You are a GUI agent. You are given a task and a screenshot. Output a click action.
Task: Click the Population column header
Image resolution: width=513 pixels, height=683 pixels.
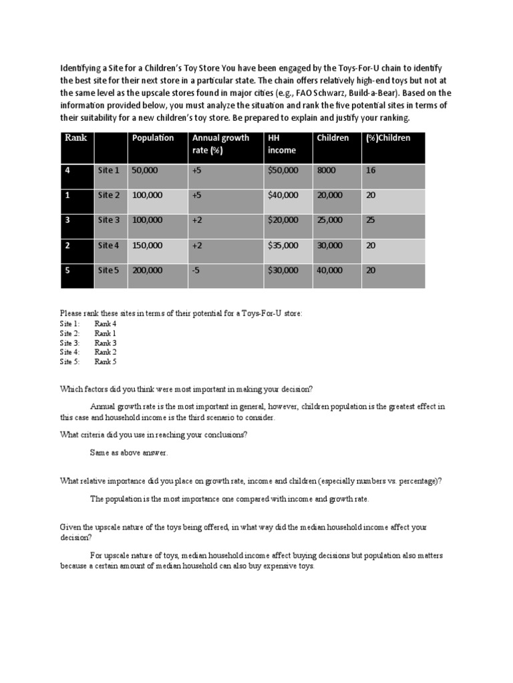coord(153,138)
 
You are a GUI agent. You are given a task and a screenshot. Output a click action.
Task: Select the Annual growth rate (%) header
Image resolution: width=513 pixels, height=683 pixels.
coord(220,144)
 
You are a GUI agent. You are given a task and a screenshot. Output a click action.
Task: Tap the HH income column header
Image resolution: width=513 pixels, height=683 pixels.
coord(281,144)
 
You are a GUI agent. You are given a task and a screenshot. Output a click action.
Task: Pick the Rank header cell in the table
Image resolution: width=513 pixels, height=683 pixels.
coord(72,138)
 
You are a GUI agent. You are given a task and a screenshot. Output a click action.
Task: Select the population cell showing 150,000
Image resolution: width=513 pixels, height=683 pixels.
coord(147,245)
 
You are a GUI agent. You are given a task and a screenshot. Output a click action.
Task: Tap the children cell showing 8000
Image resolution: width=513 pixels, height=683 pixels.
coord(327,170)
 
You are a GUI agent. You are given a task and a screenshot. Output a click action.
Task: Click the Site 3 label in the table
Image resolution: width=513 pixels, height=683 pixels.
coord(109,220)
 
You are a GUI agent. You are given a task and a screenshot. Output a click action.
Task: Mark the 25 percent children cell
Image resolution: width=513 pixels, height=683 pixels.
coord(371,220)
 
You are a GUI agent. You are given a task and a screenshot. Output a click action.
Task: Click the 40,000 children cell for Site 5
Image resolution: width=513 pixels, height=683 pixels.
coord(330,270)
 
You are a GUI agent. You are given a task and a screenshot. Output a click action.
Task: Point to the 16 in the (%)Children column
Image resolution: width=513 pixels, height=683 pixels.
coord(371,170)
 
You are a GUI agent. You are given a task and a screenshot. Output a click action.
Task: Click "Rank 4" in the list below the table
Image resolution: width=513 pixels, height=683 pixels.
coord(105,323)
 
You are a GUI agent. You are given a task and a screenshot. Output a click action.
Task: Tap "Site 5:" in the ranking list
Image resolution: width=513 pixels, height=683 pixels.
coord(69,362)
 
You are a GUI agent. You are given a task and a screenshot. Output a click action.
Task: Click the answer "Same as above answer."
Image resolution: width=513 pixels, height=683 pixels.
coord(129,452)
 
